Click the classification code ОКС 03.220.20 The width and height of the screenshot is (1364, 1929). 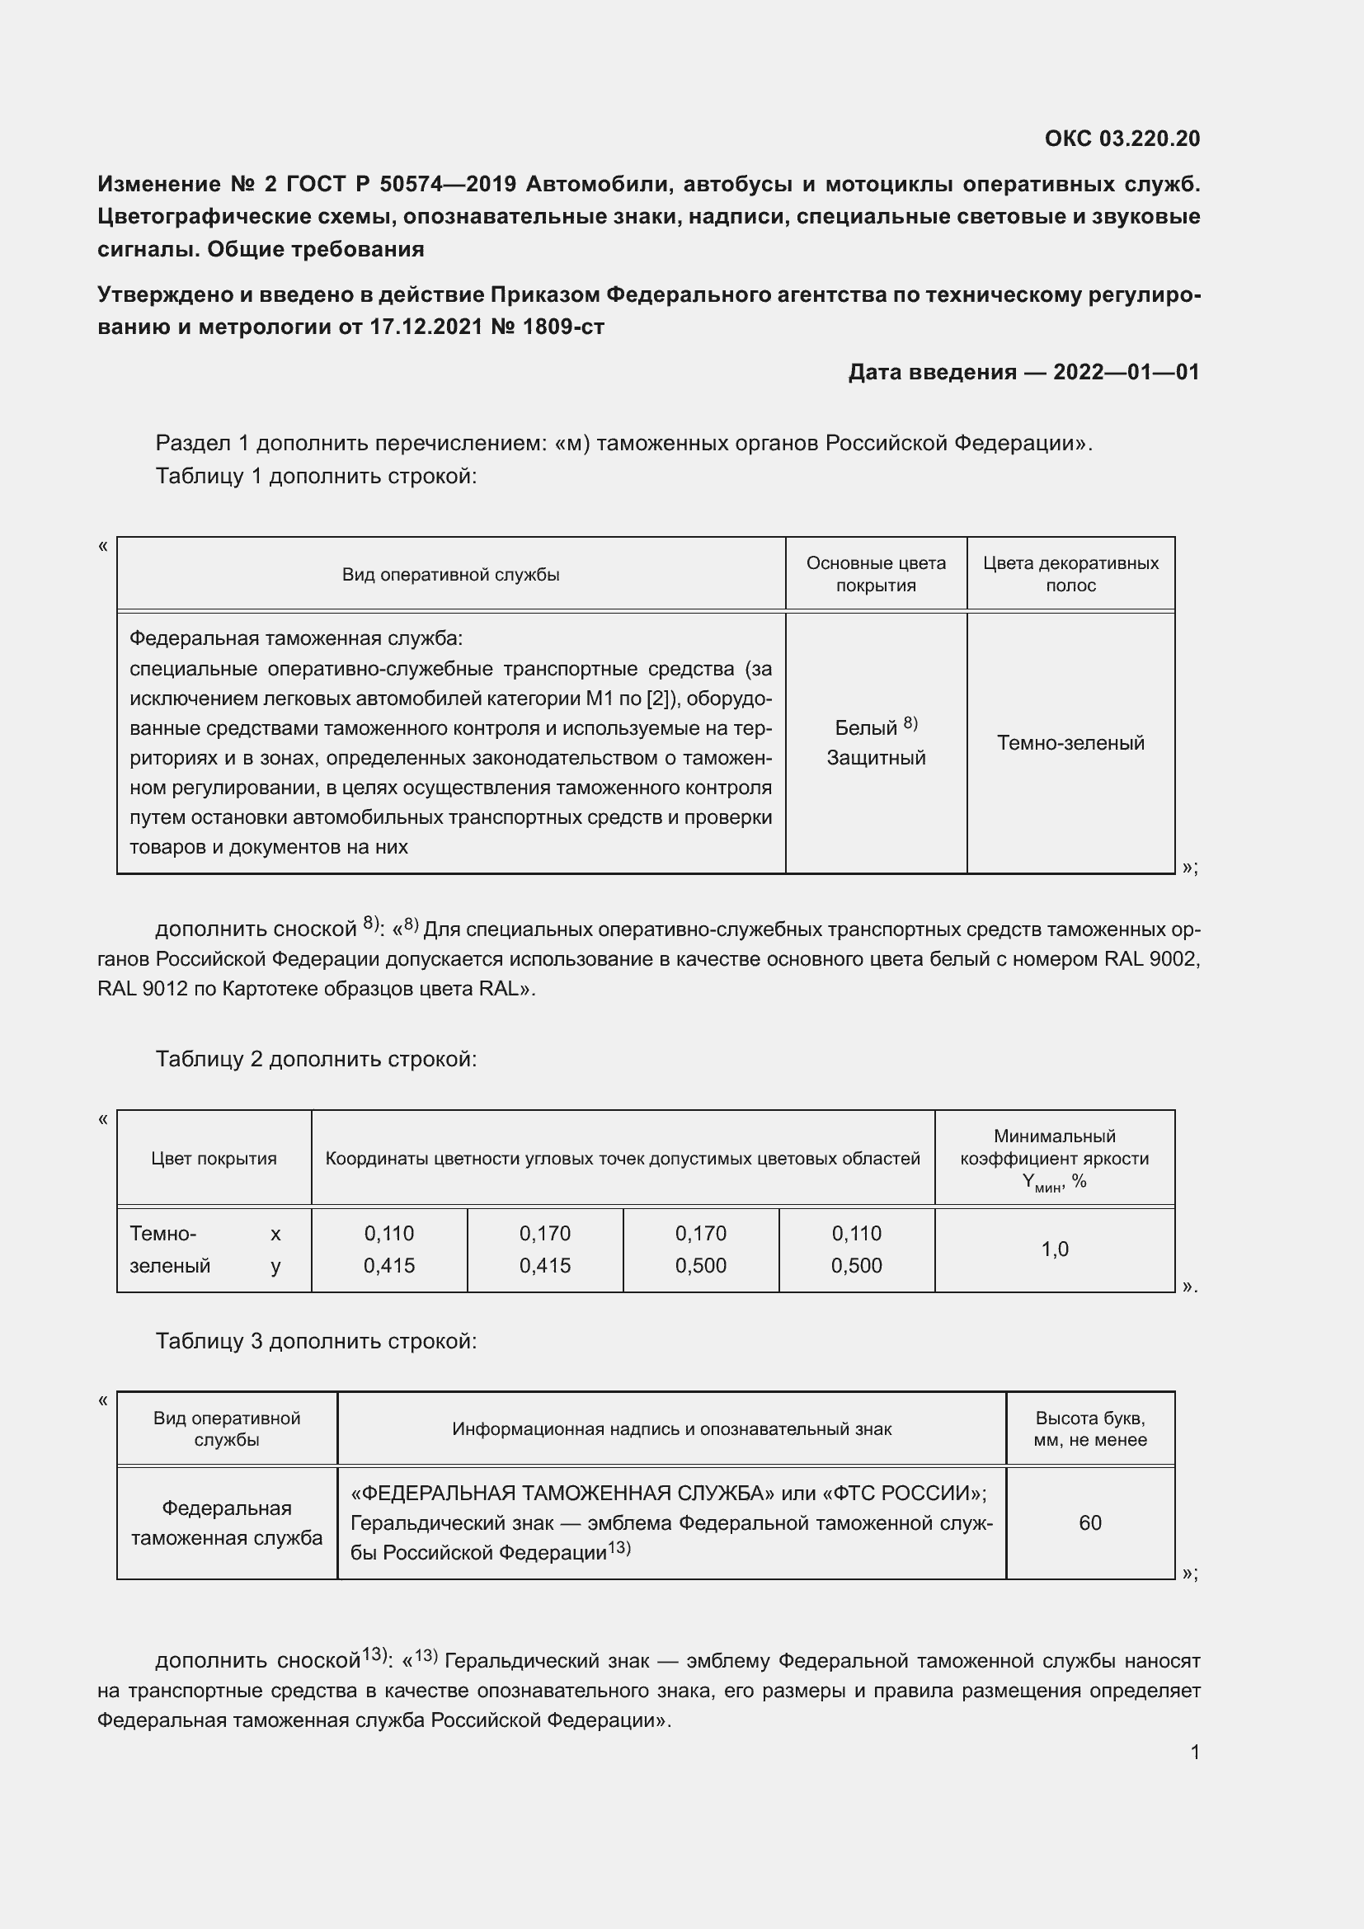pyautogui.click(x=1122, y=139)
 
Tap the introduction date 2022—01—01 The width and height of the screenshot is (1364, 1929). pyautogui.click(x=1126, y=371)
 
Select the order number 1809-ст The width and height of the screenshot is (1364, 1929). pyautogui.click(x=562, y=327)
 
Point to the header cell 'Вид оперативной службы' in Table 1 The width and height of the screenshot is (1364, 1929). pyautogui.click(x=450, y=575)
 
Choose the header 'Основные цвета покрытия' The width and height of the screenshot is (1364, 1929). pyautogui.click(x=875, y=574)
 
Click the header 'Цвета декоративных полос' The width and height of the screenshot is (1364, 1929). pyautogui.click(x=1070, y=574)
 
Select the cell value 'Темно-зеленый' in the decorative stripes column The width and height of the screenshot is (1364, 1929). pyautogui.click(x=1070, y=743)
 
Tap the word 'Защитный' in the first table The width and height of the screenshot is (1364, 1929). pyautogui.click(x=875, y=758)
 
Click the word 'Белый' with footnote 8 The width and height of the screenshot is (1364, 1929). pyautogui.click(x=865, y=727)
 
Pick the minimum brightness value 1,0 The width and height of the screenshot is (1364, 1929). pyautogui.click(x=1054, y=1249)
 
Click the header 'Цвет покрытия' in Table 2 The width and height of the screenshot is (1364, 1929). pyautogui.click(x=214, y=1159)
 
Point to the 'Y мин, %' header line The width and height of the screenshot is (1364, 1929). pyautogui.click(x=1054, y=1182)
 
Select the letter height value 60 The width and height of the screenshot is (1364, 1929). pyautogui.click(x=1089, y=1523)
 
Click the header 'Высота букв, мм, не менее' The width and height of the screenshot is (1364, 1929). pyautogui.click(x=1089, y=1429)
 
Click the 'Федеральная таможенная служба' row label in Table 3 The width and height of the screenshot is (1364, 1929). pyautogui.click(x=226, y=1523)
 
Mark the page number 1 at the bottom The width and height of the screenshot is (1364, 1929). pyautogui.click(x=1194, y=1752)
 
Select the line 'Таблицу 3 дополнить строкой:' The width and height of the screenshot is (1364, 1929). pyautogui.click(x=316, y=1342)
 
